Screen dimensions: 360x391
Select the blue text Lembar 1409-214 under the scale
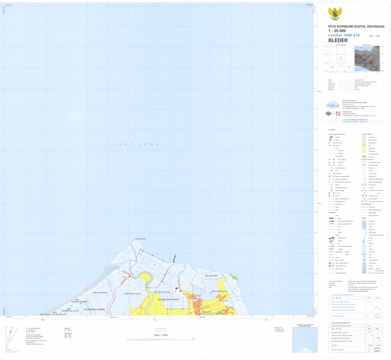342,36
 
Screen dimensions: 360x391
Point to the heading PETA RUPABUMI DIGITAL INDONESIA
353,27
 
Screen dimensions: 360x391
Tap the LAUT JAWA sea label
136,144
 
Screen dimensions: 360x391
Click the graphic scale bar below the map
159,339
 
